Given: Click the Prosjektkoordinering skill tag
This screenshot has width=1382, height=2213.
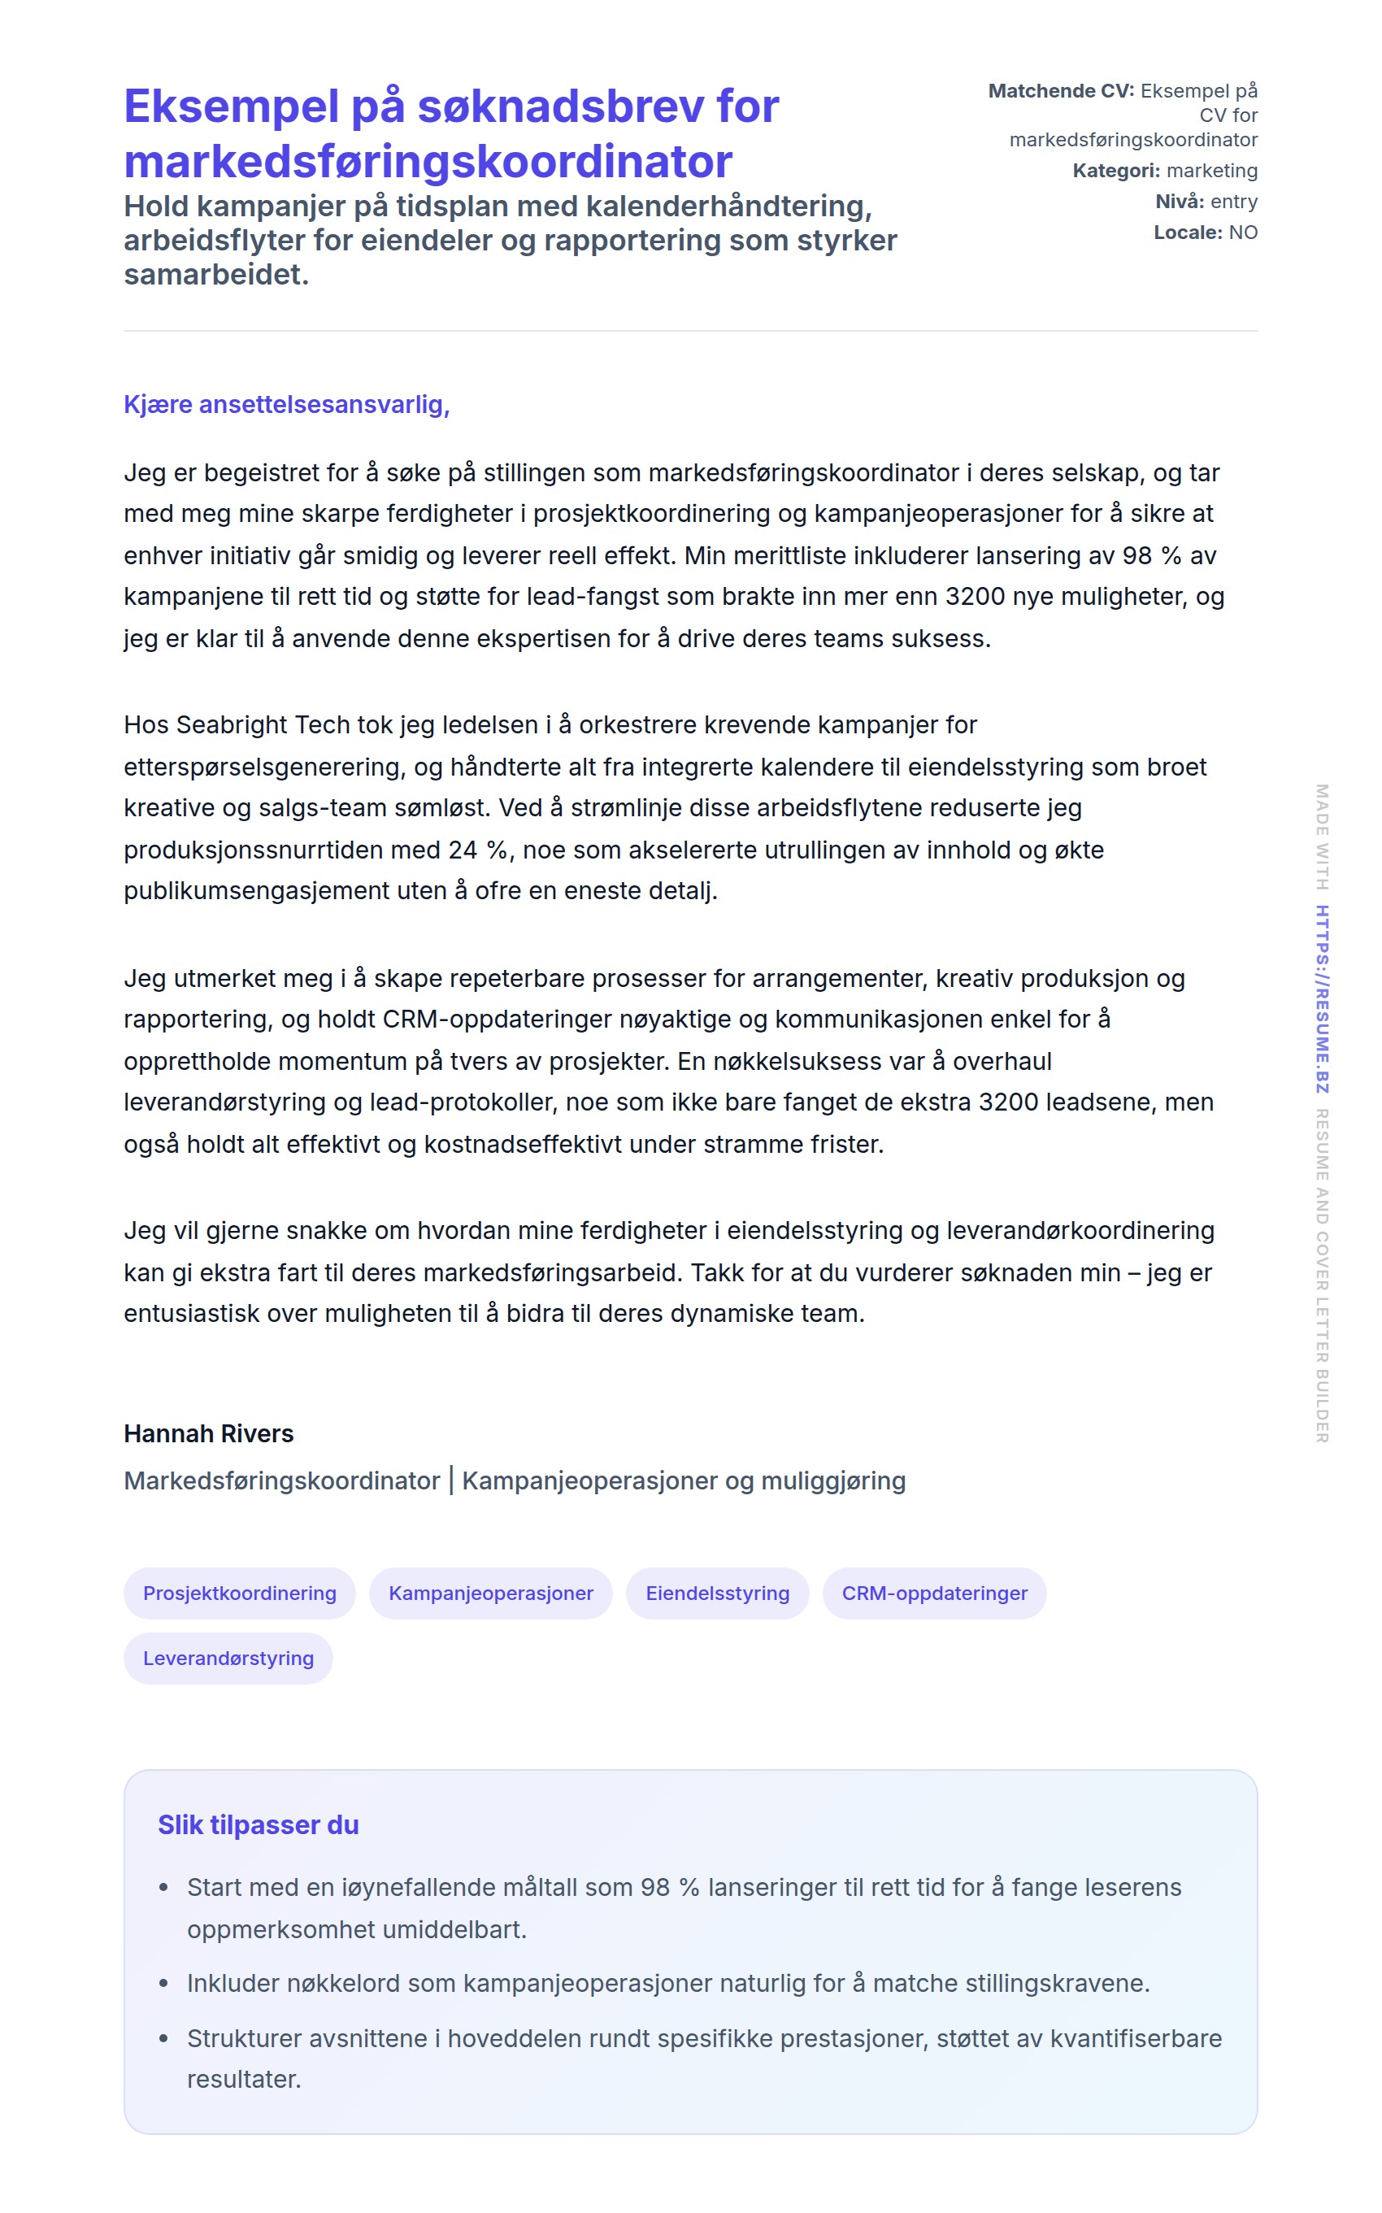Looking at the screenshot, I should click(240, 1593).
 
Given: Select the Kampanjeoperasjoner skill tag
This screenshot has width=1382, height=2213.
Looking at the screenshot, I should click(491, 1593).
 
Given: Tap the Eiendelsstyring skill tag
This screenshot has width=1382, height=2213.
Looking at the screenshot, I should click(718, 1593).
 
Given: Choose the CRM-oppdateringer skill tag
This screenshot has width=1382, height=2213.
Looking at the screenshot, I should click(934, 1593).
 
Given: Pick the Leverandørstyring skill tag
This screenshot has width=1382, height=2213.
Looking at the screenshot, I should click(228, 1659).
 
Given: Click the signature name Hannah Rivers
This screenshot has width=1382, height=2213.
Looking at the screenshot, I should click(208, 1433).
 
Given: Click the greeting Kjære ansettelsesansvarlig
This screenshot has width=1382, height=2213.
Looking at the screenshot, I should click(286, 404).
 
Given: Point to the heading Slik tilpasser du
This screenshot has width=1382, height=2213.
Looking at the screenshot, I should click(258, 1824).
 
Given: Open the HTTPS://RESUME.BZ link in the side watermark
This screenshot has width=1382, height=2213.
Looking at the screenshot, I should click(1322, 998).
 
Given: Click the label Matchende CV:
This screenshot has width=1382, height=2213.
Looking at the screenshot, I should click(1060, 90).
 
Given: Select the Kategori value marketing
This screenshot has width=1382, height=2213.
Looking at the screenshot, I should click(1212, 170).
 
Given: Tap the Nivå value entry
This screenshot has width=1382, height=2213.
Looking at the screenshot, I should click(1234, 201).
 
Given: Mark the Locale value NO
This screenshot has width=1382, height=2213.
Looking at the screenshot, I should click(1243, 233).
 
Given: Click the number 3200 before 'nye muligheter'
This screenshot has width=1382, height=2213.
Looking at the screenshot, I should click(976, 597).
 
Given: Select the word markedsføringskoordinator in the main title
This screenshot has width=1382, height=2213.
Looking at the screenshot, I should click(428, 162).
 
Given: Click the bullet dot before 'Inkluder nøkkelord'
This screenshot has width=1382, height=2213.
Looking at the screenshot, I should click(163, 1984).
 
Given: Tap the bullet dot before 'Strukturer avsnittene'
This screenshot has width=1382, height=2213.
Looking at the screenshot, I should click(163, 2038).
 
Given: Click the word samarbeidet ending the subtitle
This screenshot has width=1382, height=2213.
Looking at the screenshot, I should click(215, 274).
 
